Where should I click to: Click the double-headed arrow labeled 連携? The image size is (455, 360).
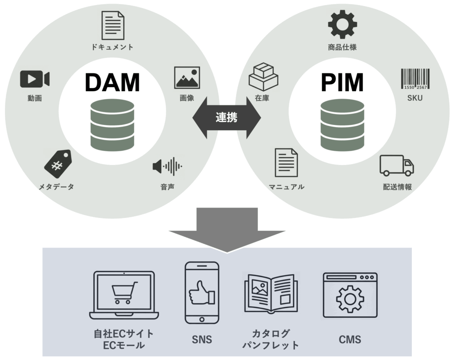[x=227, y=117]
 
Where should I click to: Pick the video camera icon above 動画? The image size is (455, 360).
[x=35, y=79]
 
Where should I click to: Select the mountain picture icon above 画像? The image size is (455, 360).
[x=187, y=78]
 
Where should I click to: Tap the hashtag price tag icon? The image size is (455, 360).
[x=57, y=164]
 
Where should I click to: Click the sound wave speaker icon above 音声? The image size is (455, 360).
[x=167, y=167]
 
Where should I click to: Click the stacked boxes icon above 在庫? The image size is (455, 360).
[x=263, y=77]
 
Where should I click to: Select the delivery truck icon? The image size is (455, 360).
[x=396, y=165]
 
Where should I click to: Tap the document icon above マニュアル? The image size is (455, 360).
[x=286, y=162]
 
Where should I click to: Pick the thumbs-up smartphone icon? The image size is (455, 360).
[x=202, y=292]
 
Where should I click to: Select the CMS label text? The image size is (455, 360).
[x=350, y=340]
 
